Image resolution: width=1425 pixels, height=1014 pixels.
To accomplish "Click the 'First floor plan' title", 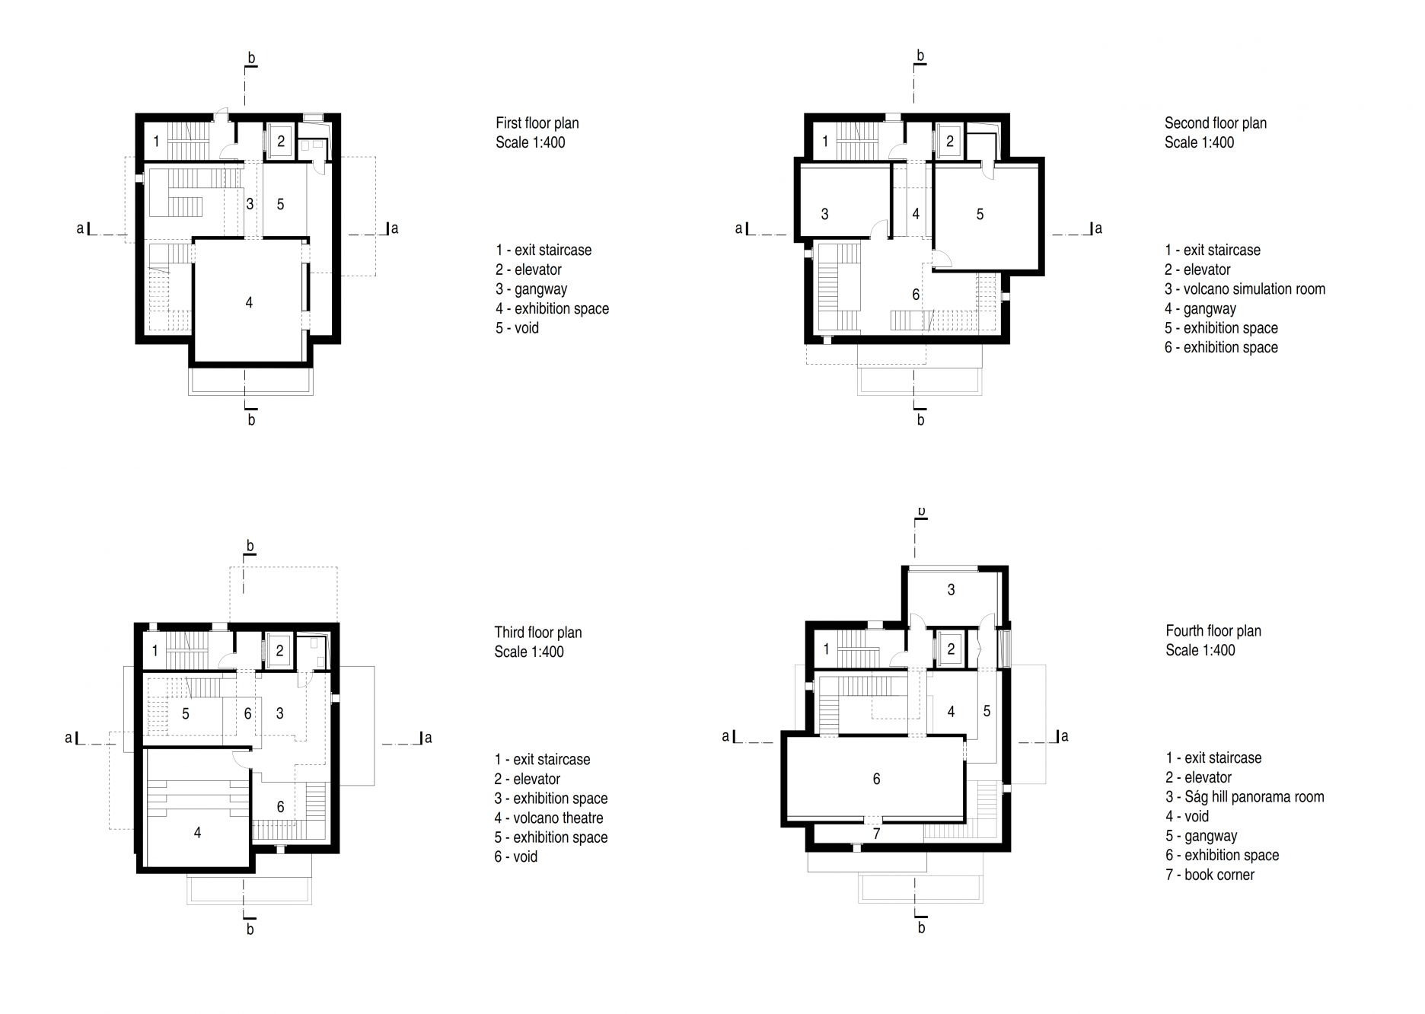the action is [537, 123].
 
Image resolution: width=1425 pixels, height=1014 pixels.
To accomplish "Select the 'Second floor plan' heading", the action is [1216, 123].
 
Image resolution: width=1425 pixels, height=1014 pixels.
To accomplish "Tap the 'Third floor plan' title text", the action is [538, 632].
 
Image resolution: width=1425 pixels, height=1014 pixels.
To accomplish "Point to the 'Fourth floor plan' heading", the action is [1213, 630].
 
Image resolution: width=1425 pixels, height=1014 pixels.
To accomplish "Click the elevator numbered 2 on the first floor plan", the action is [281, 141].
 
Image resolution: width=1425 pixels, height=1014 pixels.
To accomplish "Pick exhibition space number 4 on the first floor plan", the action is [249, 302].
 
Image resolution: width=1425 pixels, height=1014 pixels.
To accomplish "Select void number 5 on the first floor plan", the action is [281, 204].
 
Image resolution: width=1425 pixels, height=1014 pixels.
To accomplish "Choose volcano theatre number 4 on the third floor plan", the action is [197, 833].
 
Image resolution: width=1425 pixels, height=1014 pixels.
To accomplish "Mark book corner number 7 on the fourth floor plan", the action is [876, 834].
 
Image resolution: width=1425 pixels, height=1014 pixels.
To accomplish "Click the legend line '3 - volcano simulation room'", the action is [1245, 289].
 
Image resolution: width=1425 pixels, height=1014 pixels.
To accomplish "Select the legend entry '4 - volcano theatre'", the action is [549, 818].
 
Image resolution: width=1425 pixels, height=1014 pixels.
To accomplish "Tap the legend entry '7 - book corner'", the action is [1210, 875].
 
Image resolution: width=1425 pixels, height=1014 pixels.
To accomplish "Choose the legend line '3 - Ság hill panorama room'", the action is [1245, 797].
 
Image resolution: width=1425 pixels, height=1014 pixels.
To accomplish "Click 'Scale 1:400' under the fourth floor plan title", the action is [1200, 650].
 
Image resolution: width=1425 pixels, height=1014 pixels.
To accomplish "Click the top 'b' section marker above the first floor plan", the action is [251, 58].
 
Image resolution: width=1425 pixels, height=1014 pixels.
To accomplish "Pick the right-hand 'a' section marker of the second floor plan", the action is [1098, 228].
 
